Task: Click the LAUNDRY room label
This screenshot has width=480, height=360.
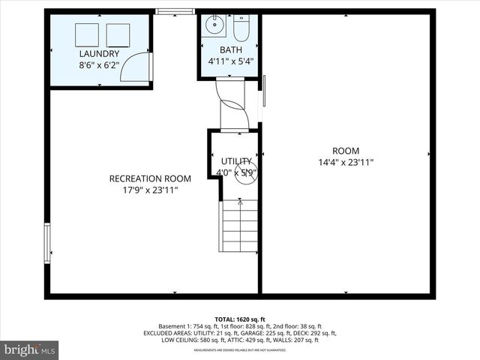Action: (x=99, y=54)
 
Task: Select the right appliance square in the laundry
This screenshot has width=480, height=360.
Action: (x=118, y=34)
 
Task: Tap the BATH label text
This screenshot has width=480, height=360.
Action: (x=230, y=50)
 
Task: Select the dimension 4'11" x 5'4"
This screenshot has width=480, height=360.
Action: (x=230, y=62)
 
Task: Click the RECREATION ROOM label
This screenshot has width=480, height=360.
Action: (x=150, y=178)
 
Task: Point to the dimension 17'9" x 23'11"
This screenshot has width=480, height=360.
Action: (x=150, y=190)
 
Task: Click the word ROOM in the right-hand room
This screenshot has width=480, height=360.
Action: (x=346, y=150)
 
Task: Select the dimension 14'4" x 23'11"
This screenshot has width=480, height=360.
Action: (x=346, y=162)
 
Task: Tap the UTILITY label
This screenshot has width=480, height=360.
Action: (x=236, y=161)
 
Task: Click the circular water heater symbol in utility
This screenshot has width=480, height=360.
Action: (x=248, y=171)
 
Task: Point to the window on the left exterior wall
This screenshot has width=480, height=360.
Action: (x=47, y=243)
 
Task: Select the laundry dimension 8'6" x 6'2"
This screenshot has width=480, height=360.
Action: (x=99, y=66)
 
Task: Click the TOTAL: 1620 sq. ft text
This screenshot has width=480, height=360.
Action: (x=240, y=318)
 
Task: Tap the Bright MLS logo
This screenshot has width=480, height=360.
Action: (x=30, y=349)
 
